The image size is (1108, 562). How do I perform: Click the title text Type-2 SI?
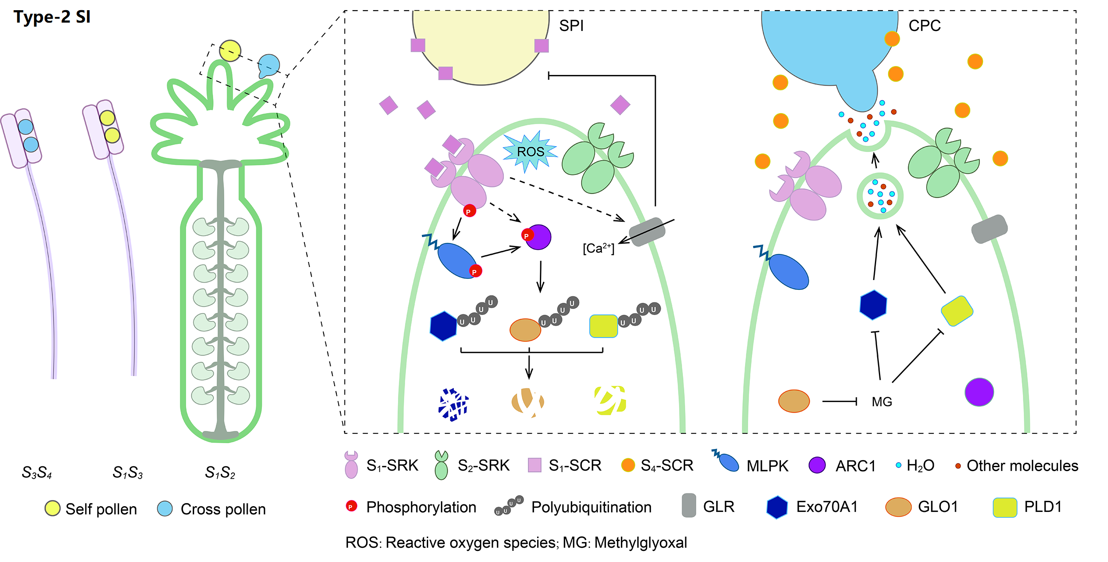[52, 17]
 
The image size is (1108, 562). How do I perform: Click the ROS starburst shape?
[530, 152]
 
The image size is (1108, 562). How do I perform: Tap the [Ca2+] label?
[598, 248]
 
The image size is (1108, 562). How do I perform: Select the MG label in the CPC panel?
[882, 402]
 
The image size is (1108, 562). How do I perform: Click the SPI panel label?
[571, 26]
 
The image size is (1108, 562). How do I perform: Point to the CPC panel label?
[925, 26]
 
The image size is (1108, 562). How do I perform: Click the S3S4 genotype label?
[37, 472]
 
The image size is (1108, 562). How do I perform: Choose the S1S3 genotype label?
[128, 472]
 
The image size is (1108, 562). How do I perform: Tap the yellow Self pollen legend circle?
[52, 508]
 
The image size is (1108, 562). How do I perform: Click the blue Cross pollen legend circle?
[165, 508]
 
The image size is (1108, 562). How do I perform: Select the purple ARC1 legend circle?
[817, 465]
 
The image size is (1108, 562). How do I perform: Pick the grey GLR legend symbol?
[689, 506]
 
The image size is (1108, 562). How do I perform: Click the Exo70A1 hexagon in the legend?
[777, 507]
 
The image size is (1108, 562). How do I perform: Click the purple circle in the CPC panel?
[979, 392]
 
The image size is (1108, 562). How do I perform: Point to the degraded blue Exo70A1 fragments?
[453, 404]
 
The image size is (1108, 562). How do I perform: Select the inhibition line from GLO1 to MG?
[839, 402]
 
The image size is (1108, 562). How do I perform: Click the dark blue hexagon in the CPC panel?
[873, 305]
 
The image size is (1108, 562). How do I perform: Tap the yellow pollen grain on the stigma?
[230, 51]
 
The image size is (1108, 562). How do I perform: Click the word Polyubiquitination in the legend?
[591, 507]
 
